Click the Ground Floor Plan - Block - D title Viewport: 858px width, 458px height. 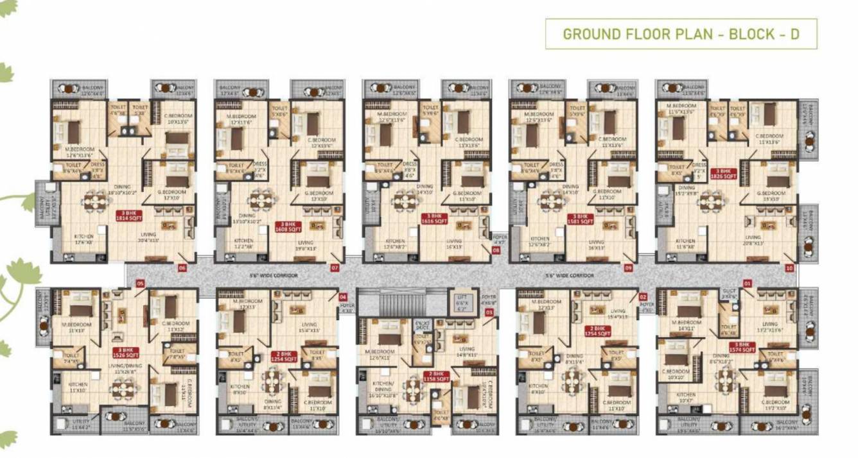[681, 34]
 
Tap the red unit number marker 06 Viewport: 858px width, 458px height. [182, 267]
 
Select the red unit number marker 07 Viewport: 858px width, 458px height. [334, 267]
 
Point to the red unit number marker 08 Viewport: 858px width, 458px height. [496, 251]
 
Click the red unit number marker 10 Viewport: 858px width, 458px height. [789, 267]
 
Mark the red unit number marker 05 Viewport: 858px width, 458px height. [140, 283]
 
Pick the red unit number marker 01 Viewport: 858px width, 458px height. [747, 282]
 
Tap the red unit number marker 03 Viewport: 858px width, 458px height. [489, 312]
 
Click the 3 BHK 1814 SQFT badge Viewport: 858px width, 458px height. [128, 216]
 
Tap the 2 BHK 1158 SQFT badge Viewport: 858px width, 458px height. [436, 377]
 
